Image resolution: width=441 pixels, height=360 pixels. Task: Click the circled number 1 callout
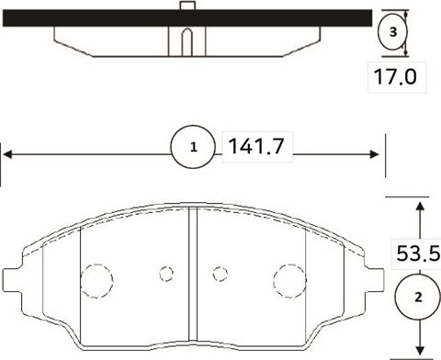(x=193, y=146)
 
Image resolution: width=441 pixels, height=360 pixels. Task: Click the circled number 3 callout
(x=392, y=32)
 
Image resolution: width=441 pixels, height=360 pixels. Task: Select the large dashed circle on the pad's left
(x=96, y=278)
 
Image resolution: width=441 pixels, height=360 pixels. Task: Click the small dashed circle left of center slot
(x=166, y=273)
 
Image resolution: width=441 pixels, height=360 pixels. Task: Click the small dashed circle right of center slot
(x=220, y=273)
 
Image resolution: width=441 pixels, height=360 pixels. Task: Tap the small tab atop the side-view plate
(x=186, y=7)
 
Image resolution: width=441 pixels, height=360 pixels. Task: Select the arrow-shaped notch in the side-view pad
(x=185, y=41)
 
